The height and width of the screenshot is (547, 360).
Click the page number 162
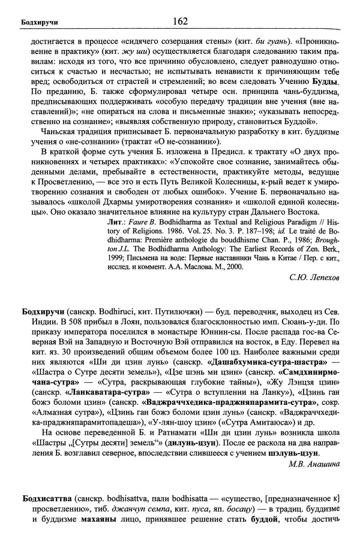180,22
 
